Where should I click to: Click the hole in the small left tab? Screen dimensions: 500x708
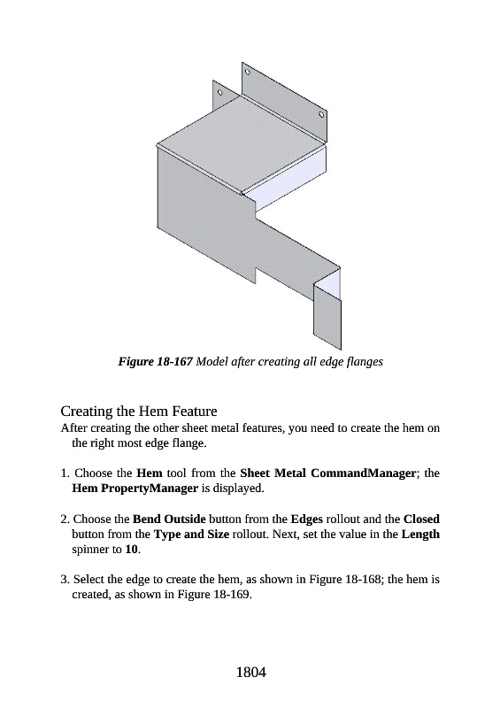pyautogui.click(x=220, y=93)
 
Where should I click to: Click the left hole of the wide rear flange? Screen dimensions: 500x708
pyautogui.click(x=247, y=72)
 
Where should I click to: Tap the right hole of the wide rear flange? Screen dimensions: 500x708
pyautogui.click(x=321, y=114)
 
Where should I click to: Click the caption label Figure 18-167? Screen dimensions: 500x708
pyautogui.click(x=156, y=362)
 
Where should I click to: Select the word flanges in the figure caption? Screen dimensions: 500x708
pyautogui.click(x=365, y=362)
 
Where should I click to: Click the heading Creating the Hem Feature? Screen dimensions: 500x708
pyautogui.click(x=139, y=412)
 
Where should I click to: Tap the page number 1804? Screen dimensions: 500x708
pyautogui.click(x=250, y=673)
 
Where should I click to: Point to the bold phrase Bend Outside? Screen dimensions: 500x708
pyautogui.click(x=169, y=519)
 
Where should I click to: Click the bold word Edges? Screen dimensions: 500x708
pyautogui.click(x=307, y=519)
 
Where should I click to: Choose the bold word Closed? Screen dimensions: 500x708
pyautogui.click(x=421, y=519)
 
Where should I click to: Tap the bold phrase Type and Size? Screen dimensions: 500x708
pyautogui.click(x=191, y=535)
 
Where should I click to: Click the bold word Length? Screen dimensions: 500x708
pyautogui.click(x=420, y=535)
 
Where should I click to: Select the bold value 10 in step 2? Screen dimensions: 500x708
pyautogui.click(x=132, y=550)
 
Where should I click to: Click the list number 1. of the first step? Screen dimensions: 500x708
pyautogui.click(x=65, y=473)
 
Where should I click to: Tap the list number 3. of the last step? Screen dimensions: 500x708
pyautogui.click(x=65, y=580)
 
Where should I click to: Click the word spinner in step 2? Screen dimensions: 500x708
pyautogui.click(x=91, y=550)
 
